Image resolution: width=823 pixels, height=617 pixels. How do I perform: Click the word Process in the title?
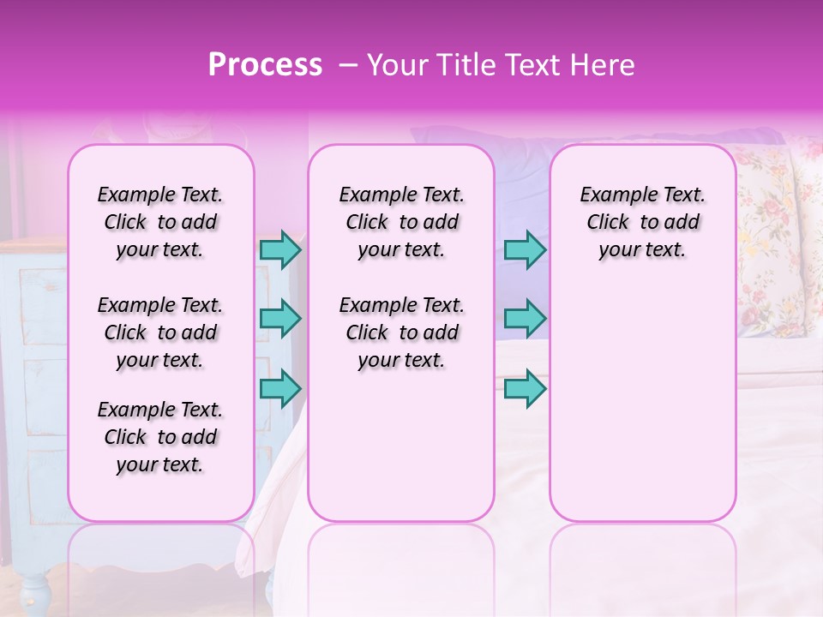(265, 65)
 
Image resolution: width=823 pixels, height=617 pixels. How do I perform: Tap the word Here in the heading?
(602, 65)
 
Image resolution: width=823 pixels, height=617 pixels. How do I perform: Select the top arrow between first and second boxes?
(280, 249)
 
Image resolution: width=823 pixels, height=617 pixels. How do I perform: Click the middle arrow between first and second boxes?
(280, 319)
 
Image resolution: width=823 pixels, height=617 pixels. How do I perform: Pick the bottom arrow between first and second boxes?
(280, 388)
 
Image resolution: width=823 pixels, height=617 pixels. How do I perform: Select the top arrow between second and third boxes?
(525, 249)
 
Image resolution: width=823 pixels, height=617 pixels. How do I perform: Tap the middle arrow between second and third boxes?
(525, 319)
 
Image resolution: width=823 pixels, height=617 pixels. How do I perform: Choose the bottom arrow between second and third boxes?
(525, 388)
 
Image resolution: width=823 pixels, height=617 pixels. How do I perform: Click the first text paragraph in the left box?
(160, 222)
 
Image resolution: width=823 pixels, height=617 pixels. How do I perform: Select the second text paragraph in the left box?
(160, 332)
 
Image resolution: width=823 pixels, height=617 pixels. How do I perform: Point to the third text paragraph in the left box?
(160, 437)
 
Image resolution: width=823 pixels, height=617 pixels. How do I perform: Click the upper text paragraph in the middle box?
(401, 222)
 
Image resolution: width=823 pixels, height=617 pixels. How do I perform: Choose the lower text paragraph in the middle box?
(401, 332)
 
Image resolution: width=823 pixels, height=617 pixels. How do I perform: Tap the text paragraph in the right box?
(642, 222)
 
